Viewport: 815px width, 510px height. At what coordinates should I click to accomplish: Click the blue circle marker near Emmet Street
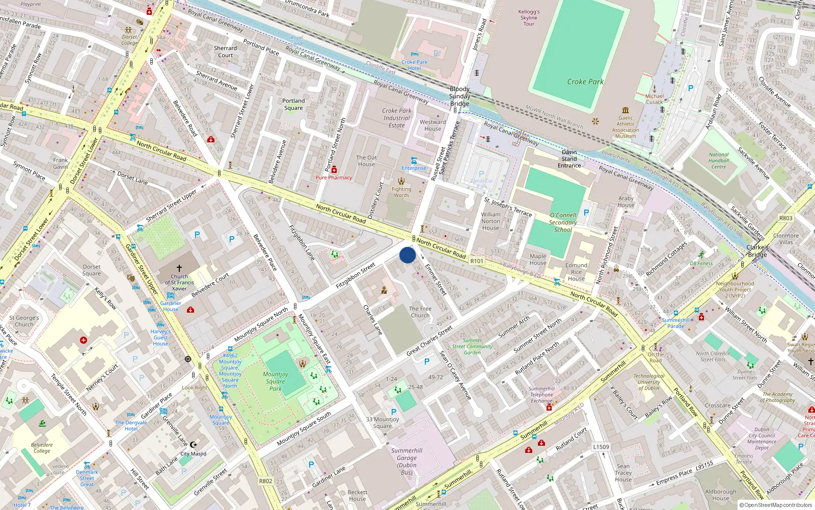pyautogui.click(x=407, y=255)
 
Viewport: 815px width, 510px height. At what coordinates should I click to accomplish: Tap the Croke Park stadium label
pyautogui.click(x=585, y=82)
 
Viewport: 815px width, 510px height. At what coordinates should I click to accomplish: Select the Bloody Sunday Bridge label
pyautogui.click(x=459, y=96)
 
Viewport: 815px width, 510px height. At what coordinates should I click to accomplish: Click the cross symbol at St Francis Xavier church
pyautogui.click(x=179, y=268)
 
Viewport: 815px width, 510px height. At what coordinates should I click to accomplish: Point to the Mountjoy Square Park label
pyautogui.click(x=276, y=381)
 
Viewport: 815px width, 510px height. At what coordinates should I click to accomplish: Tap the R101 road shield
pyautogui.click(x=477, y=261)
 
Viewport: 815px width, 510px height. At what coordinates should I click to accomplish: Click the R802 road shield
pyautogui.click(x=265, y=481)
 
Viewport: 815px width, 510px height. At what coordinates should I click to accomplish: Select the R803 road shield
pyautogui.click(x=785, y=218)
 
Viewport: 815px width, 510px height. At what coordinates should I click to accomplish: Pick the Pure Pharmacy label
pyautogui.click(x=334, y=177)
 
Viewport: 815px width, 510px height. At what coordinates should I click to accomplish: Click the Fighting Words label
pyautogui.click(x=401, y=192)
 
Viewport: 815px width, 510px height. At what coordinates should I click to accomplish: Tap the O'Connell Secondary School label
pyautogui.click(x=563, y=222)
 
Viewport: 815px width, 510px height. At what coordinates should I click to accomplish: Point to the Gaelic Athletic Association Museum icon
pyautogui.click(x=626, y=110)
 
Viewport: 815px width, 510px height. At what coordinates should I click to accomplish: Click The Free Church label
pyautogui.click(x=420, y=312)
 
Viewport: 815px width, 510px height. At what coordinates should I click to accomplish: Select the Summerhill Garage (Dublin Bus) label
pyautogui.click(x=406, y=462)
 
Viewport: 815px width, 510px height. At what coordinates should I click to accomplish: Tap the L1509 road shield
pyautogui.click(x=601, y=447)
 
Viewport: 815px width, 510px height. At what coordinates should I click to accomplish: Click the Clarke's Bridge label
pyautogui.click(x=757, y=251)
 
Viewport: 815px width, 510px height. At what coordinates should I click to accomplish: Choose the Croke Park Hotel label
pyautogui.click(x=414, y=65)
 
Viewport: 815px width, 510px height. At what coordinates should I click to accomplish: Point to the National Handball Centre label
pyautogui.click(x=719, y=161)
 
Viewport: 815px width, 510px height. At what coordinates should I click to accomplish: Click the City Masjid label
pyautogui.click(x=194, y=453)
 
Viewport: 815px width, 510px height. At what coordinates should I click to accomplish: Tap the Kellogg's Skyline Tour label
pyautogui.click(x=529, y=18)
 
